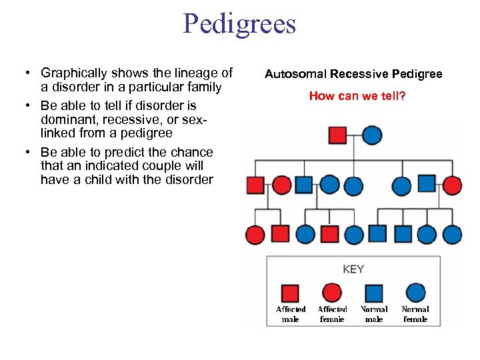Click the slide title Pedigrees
[x=239, y=25]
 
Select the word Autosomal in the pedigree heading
[x=293, y=74]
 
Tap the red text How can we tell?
[x=357, y=96]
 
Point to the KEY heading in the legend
[x=353, y=269]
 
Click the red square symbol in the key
[x=290, y=293]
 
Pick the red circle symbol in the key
[x=331, y=293]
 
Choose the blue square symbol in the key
[x=374, y=293]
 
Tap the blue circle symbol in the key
[x=415, y=293]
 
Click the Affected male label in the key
[x=291, y=314]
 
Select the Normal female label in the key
[x=415, y=314]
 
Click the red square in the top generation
[x=338, y=135]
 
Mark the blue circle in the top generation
[x=372, y=135]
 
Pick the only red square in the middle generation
[x=255, y=185]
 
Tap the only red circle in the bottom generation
[x=255, y=235]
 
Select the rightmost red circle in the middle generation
[x=452, y=185]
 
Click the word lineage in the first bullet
[x=189, y=73]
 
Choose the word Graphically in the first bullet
[x=74, y=73]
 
